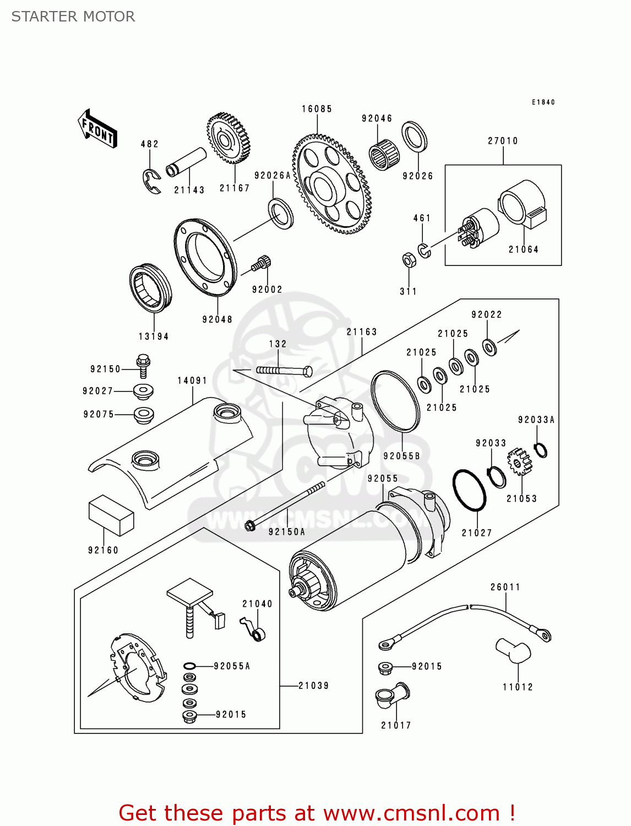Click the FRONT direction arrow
[x=98, y=129]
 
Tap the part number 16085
[x=317, y=109]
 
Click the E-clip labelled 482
[x=151, y=181]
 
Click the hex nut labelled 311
[x=409, y=259]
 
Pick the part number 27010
[x=503, y=141]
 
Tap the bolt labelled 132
[x=284, y=371]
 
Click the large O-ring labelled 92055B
[x=395, y=400]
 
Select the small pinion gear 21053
[x=519, y=462]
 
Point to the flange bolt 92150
[x=143, y=365]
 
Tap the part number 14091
[x=192, y=381]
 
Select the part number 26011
[x=505, y=587]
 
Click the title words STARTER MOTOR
[x=73, y=17]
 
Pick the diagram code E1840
[x=543, y=102]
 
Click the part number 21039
[x=313, y=686]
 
